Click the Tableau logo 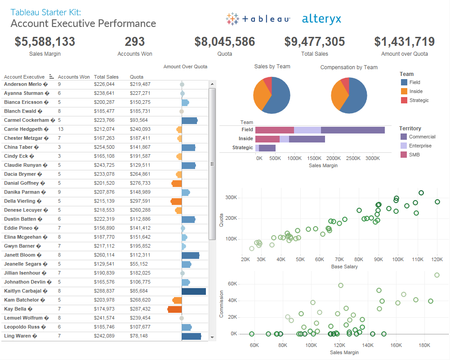(x=258, y=19)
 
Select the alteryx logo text (x=321, y=19)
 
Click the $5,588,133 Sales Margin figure (x=45, y=42)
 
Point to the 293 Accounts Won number (x=134, y=42)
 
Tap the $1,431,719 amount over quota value (x=404, y=42)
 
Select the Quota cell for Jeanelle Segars (x=138, y=264)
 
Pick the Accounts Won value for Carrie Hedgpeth (x=61, y=129)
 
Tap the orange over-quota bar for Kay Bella (x=174, y=309)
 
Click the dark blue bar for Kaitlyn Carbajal (x=193, y=291)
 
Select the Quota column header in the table (x=137, y=77)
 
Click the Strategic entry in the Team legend (x=419, y=100)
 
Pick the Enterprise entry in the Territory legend (x=420, y=146)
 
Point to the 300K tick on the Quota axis (x=231, y=198)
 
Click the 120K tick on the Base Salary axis (x=437, y=259)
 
